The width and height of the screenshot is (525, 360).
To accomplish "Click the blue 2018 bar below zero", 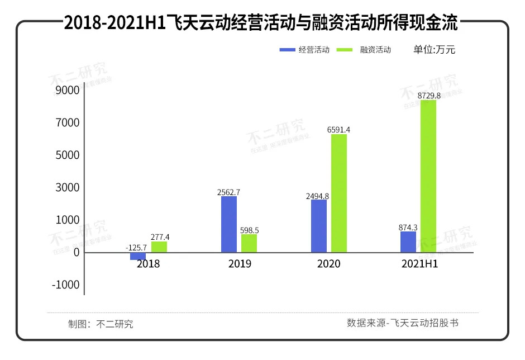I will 138,256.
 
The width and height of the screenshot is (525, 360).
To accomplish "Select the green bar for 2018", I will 159,247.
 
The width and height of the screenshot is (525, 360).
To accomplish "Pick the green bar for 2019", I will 249,243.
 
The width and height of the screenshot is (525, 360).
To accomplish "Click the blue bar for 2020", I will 319,226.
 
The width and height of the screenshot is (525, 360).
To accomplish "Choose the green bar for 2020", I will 339,193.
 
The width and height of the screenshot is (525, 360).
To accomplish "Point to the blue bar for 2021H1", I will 408,241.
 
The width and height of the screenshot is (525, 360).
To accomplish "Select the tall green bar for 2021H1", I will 428,176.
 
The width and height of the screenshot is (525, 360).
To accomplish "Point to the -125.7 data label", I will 136,247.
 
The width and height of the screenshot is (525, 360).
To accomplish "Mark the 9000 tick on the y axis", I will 67,90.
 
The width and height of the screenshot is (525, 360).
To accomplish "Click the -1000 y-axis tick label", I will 65,285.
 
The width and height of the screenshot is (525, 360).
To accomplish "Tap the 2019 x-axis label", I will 240,264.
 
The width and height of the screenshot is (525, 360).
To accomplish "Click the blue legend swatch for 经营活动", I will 287,50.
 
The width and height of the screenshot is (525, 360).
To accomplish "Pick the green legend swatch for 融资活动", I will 345,50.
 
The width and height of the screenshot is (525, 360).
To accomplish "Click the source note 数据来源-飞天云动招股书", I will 402,323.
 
